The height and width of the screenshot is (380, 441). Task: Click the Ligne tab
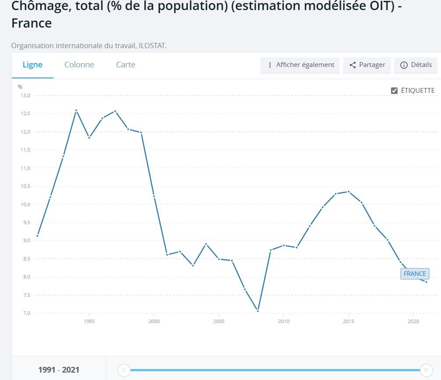tap(32, 65)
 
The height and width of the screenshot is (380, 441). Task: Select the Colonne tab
tap(79, 65)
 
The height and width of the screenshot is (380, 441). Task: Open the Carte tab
tap(125, 65)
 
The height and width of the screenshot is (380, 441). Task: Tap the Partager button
tap(367, 65)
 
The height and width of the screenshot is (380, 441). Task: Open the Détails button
tap(416, 65)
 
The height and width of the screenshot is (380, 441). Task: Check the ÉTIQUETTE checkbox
tap(394, 91)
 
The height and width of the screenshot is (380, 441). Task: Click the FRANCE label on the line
tap(415, 274)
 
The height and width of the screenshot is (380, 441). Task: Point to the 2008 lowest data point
tap(258, 311)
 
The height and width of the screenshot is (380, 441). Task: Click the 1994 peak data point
tap(76, 110)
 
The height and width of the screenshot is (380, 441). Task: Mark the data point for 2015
tap(349, 192)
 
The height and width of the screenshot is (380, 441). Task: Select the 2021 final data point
tap(426, 282)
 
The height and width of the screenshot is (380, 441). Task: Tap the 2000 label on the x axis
tap(154, 321)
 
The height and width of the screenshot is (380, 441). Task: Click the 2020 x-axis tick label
tap(413, 321)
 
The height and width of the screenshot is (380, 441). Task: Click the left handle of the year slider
tap(124, 370)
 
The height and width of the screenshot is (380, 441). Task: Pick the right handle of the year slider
tap(426, 370)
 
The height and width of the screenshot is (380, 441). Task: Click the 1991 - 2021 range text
tap(59, 370)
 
